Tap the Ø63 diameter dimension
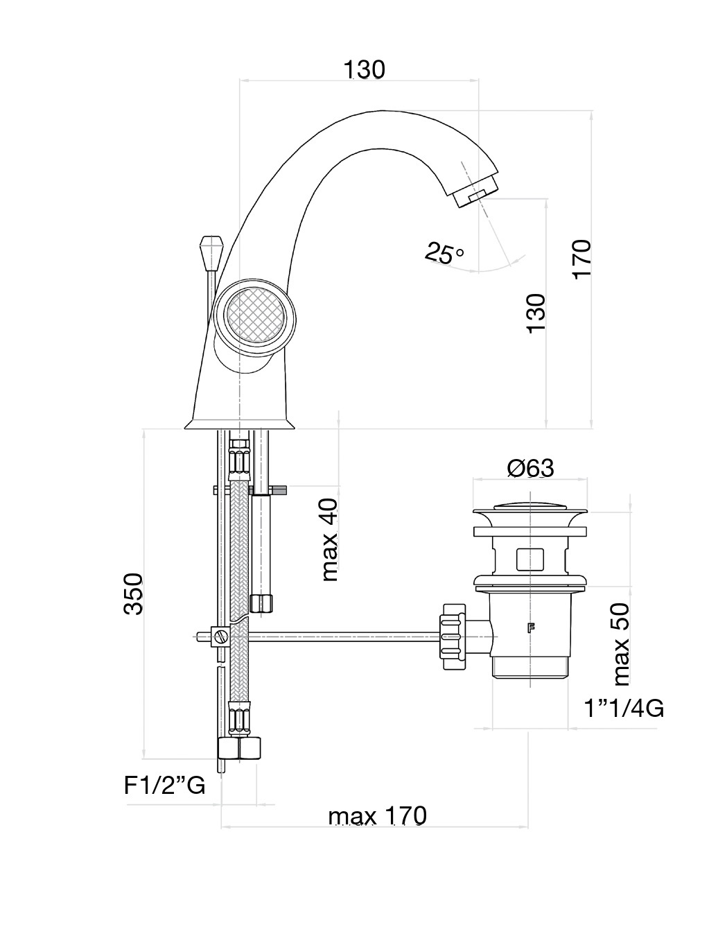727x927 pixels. [530, 469]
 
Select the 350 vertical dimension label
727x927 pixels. [133, 594]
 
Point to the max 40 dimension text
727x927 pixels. [330, 539]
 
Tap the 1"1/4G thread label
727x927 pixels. [623, 709]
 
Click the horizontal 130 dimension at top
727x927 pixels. [364, 69]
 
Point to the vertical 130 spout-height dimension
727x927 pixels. [536, 313]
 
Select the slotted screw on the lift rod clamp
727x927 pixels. [220, 637]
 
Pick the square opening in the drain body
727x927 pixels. [531, 560]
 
